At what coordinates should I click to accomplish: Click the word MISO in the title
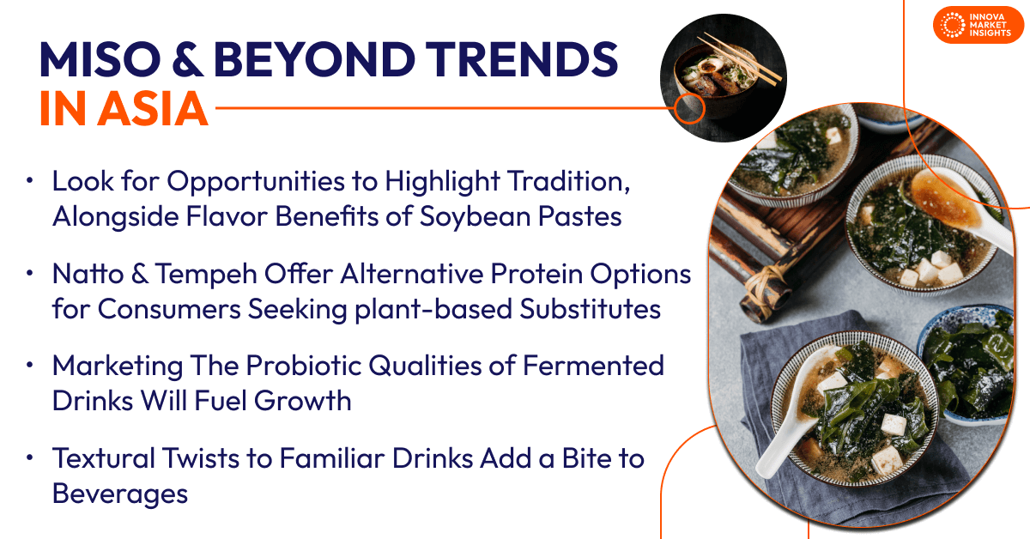[100, 59]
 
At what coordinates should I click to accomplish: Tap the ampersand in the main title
[187, 59]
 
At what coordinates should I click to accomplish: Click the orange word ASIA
[153, 108]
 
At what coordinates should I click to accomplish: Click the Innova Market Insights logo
[978, 25]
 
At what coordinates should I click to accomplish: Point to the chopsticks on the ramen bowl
[740, 57]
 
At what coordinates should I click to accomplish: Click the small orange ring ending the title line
[690, 108]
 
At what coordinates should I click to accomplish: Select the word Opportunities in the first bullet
[256, 182]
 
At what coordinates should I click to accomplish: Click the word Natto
[88, 274]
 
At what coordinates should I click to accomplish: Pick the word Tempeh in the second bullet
[205, 275]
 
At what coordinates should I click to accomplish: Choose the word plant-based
[433, 309]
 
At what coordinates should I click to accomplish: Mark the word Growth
[302, 401]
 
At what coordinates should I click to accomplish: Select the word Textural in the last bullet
[104, 458]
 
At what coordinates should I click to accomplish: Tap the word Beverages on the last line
[120, 494]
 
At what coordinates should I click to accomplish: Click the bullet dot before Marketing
[30, 365]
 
